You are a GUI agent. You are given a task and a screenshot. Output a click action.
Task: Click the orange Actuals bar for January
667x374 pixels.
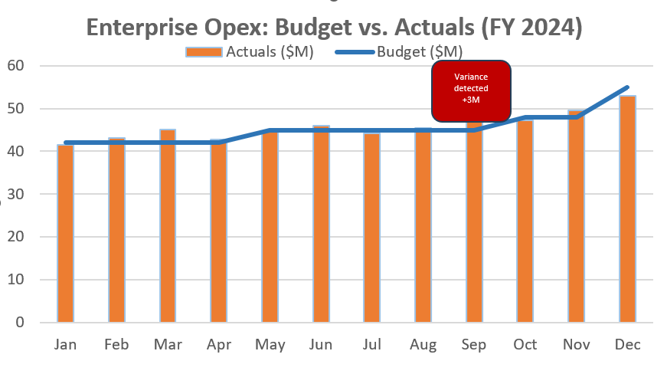(66, 233)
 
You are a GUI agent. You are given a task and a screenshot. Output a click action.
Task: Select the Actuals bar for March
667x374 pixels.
(168, 225)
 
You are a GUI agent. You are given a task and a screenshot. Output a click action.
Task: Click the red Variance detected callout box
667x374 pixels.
(471, 90)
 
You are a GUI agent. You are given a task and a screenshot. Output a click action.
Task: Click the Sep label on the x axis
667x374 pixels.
(475, 345)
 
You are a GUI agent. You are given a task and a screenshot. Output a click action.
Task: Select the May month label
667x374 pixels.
(270, 345)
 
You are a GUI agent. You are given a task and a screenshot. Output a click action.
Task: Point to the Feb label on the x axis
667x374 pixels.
(116, 345)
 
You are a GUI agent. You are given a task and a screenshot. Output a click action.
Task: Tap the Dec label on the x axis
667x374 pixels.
(628, 345)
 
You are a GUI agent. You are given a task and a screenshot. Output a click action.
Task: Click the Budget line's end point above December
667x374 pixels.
(628, 87)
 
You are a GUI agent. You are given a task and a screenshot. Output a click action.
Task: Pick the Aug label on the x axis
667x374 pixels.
(423, 345)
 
